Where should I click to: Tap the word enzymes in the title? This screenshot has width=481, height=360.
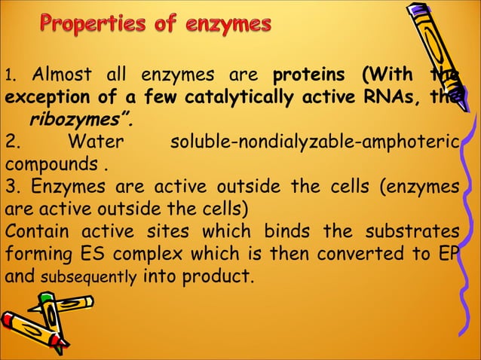coord(229,26)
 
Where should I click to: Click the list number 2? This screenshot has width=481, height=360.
coord(11,142)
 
